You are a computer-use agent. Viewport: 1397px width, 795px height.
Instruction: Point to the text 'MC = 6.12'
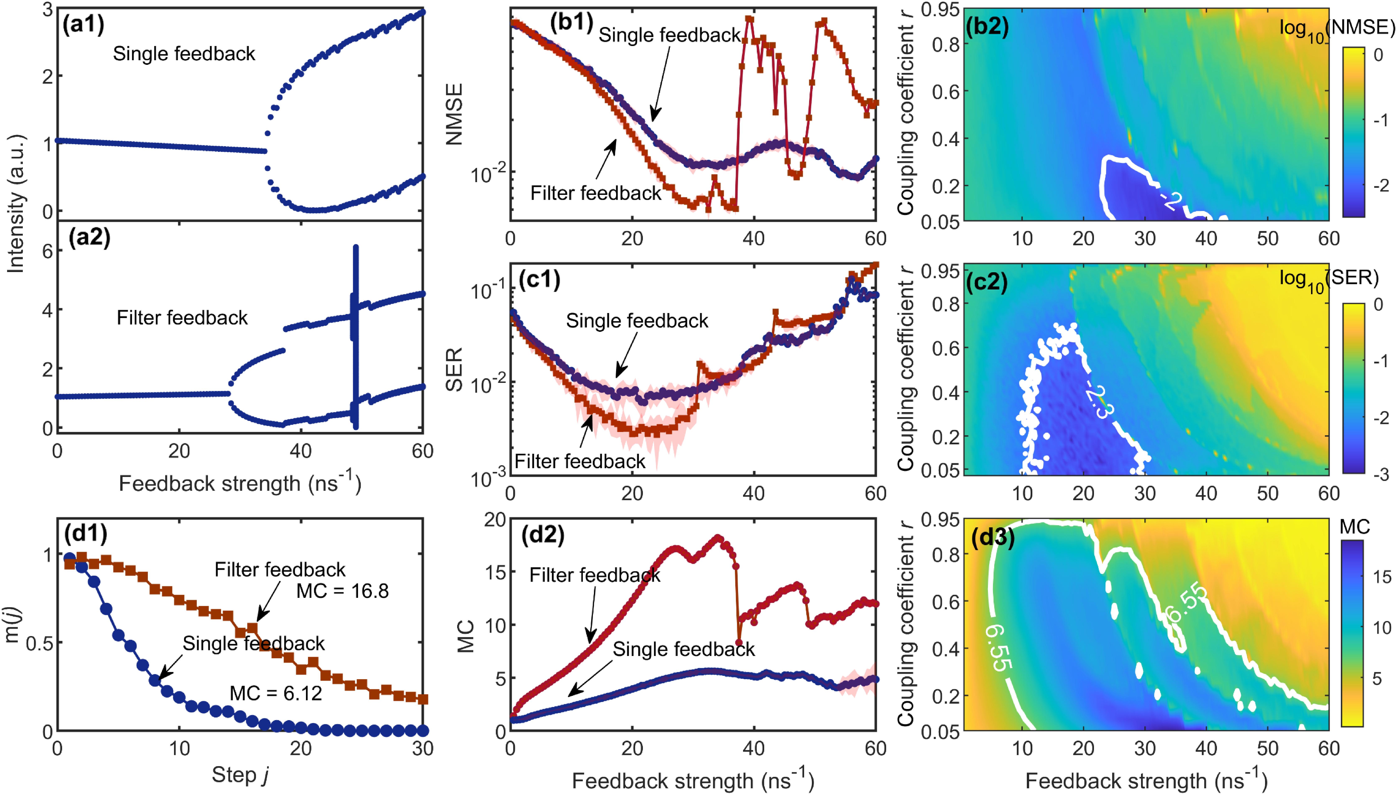(276, 693)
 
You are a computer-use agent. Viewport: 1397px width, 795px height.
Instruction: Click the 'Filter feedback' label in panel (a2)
(182, 318)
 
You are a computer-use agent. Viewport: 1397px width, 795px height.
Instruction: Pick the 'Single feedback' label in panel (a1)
(184, 54)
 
